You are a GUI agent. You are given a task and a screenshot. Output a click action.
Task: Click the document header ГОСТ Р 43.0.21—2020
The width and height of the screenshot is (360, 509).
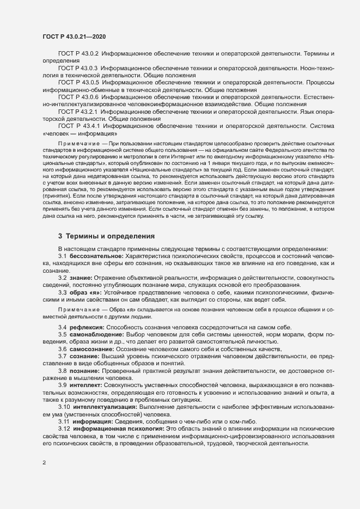click(74, 36)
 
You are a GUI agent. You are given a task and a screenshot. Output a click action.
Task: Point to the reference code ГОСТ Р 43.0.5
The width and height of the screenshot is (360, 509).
click(78, 82)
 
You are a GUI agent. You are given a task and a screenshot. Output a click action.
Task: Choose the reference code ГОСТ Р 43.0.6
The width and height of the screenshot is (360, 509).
click(78, 96)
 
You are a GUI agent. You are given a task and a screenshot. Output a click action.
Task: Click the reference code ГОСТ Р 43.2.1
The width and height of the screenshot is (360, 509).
click(78, 111)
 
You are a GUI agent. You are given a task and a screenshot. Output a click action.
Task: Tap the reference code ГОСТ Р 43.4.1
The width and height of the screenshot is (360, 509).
click(78, 125)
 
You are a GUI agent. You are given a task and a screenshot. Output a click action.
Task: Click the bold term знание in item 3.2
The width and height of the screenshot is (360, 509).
click(81, 277)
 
